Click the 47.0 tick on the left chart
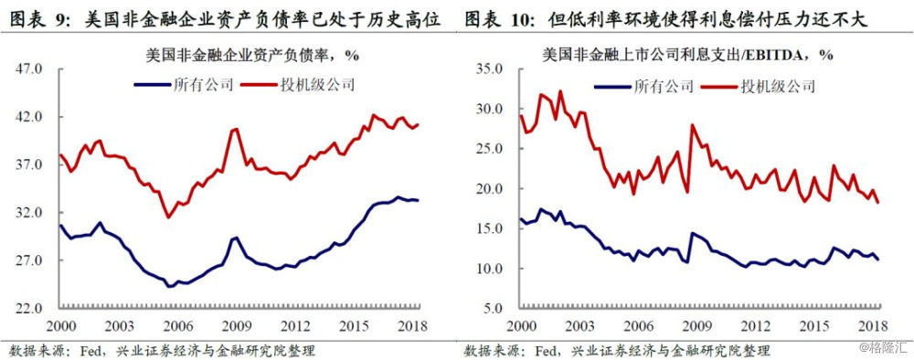(x=31, y=69)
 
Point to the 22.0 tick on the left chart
(x=31, y=308)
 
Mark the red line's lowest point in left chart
(x=167, y=217)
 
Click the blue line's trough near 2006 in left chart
(x=169, y=286)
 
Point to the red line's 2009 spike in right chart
(x=692, y=125)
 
